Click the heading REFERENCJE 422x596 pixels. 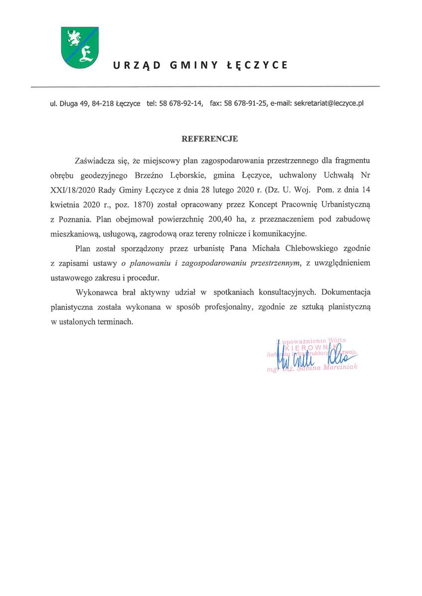210,139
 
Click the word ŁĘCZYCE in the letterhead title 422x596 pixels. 261,65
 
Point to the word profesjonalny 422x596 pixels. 228,307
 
